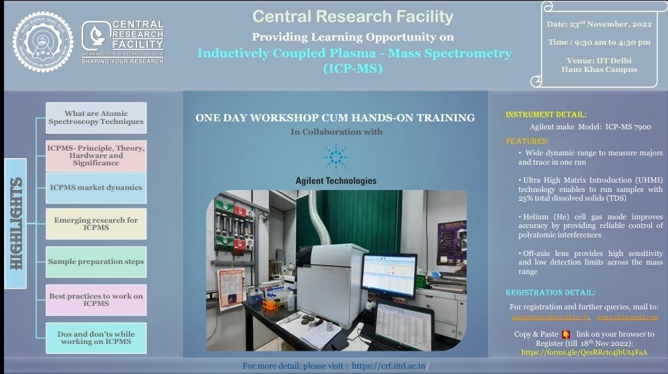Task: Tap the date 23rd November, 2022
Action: tap(589, 24)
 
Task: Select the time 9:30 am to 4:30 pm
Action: tap(589, 42)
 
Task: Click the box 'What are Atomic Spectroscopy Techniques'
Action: tap(96, 118)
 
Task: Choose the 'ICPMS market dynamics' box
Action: tap(96, 187)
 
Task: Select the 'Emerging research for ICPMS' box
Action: tap(96, 224)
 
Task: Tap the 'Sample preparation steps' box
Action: tap(96, 262)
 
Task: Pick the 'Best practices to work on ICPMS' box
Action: tap(96, 300)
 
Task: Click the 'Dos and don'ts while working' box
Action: tap(96, 337)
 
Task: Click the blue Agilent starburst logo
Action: tap(335, 157)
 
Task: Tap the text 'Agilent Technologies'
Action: tap(335, 181)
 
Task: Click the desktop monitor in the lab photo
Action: tap(389, 275)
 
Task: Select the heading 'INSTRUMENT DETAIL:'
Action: tap(546, 115)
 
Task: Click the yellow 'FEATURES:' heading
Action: tap(527, 141)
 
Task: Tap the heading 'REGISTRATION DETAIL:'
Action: tap(551, 293)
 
